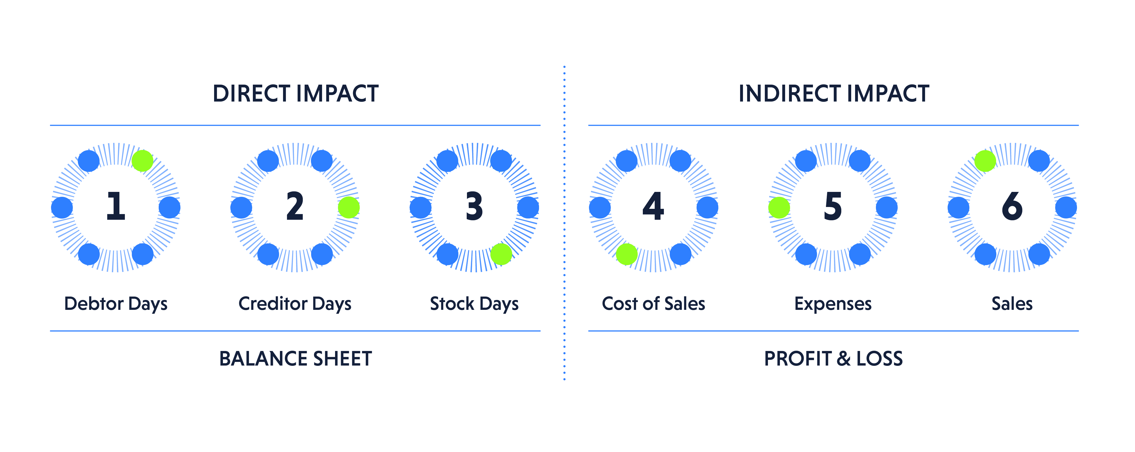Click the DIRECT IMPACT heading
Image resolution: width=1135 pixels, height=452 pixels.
point(296,93)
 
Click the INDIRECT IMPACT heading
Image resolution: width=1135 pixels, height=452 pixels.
point(834,93)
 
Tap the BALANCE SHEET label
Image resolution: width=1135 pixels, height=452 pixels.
point(296,359)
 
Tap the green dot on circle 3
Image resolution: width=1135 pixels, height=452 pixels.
point(501,254)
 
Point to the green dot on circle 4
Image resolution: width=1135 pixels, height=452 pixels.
point(626,254)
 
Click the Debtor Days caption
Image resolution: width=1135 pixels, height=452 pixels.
point(116,304)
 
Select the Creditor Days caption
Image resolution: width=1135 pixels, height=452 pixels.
point(295,304)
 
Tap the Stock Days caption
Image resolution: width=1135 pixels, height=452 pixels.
point(474,304)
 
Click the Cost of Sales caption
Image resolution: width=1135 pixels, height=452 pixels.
point(653,304)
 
